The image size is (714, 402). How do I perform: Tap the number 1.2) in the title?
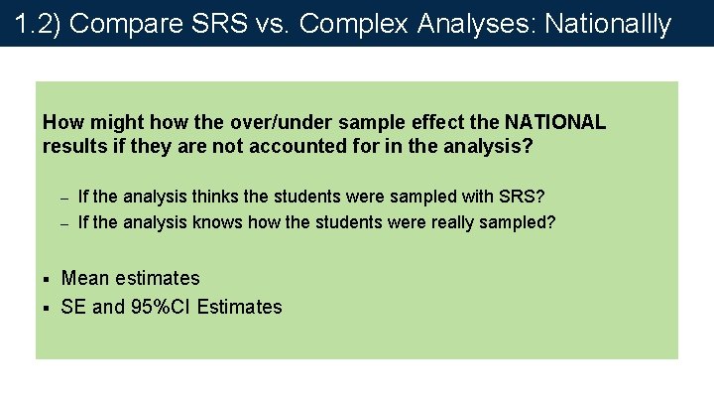(37, 23)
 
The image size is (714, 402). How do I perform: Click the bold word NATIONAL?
(555, 123)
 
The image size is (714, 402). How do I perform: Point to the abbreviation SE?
(73, 307)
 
